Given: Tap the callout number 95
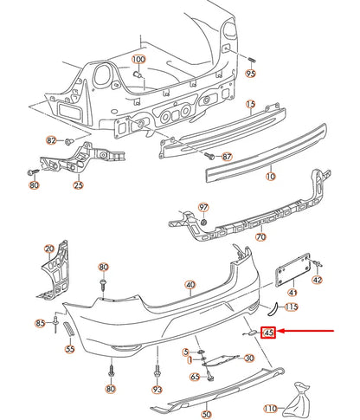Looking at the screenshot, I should (x=251, y=75).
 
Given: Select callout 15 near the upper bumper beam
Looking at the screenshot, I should (x=250, y=106).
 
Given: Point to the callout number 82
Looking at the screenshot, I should (x=52, y=140).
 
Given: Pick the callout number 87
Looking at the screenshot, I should (x=227, y=157).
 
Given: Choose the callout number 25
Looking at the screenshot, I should (x=79, y=184).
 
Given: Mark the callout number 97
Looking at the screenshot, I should (x=204, y=208).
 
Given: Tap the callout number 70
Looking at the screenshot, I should (x=260, y=236).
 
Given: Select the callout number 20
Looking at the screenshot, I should (x=49, y=250).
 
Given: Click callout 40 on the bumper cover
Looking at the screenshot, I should (x=190, y=284).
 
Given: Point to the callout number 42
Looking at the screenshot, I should (x=316, y=279).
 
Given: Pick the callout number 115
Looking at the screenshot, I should (x=292, y=307).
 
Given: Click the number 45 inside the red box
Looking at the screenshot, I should (x=269, y=332).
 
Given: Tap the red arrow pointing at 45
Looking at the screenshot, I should (x=307, y=332).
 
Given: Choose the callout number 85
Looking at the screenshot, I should (x=40, y=324).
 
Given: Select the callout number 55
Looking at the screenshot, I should (x=70, y=349).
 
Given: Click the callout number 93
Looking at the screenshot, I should (x=157, y=391).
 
